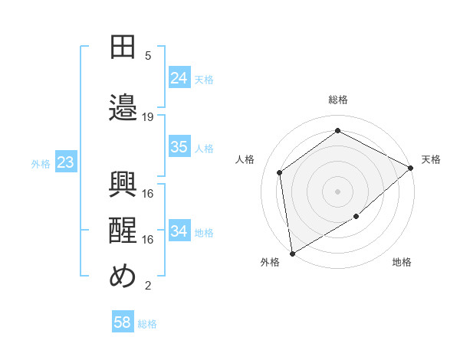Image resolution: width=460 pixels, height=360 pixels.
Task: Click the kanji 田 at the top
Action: (x=123, y=47)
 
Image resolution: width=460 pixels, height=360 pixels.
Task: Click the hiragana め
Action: (x=123, y=276)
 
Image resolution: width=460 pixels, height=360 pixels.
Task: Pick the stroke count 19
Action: (x=148, y=116)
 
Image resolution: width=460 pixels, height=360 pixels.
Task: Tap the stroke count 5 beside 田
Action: (x=148, y=55)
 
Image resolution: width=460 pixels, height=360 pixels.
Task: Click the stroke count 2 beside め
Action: (x=148, y=286)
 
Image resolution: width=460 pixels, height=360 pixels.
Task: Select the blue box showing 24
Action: (x=179, y=77)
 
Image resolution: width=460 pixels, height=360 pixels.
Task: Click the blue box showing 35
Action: (x=179, y=147)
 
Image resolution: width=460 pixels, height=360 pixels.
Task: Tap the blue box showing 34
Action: (x=179, y=231)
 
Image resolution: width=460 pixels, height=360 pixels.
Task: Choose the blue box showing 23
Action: (x=65, y=162)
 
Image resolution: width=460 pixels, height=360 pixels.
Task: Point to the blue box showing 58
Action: (x=123, y=322)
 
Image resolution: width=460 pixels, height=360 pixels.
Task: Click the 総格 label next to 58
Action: (x=147, y=324)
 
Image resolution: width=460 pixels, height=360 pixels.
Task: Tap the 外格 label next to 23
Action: (x=40, y=163)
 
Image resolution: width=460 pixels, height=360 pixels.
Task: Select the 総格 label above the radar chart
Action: (x=337, y=100)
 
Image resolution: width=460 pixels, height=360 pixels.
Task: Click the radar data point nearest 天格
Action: (x=411, y=168)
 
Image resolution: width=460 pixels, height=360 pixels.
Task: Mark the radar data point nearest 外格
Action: (x=292, y=252)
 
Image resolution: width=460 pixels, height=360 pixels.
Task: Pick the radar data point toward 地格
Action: (x=356, y=217)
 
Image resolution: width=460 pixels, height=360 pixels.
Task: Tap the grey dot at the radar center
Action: (x=337, y=190)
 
